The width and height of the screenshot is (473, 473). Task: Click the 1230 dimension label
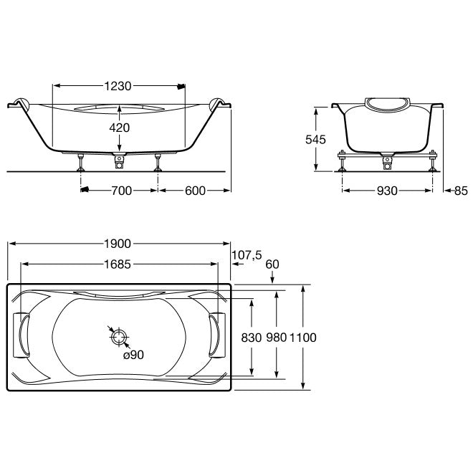(118, 86)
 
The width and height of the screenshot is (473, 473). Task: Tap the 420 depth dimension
(120, 128)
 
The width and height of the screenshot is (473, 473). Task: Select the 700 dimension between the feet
(122, 191)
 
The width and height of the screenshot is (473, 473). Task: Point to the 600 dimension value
(195, 191)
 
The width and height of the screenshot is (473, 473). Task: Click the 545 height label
(315, 140)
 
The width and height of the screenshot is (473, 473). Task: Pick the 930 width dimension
(387, 191)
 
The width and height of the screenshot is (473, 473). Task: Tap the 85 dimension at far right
(461, 191)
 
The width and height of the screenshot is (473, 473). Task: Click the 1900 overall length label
(118, 244)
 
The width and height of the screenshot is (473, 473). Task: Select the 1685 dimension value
(118, 264)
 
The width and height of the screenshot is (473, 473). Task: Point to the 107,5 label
(247, 255)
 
